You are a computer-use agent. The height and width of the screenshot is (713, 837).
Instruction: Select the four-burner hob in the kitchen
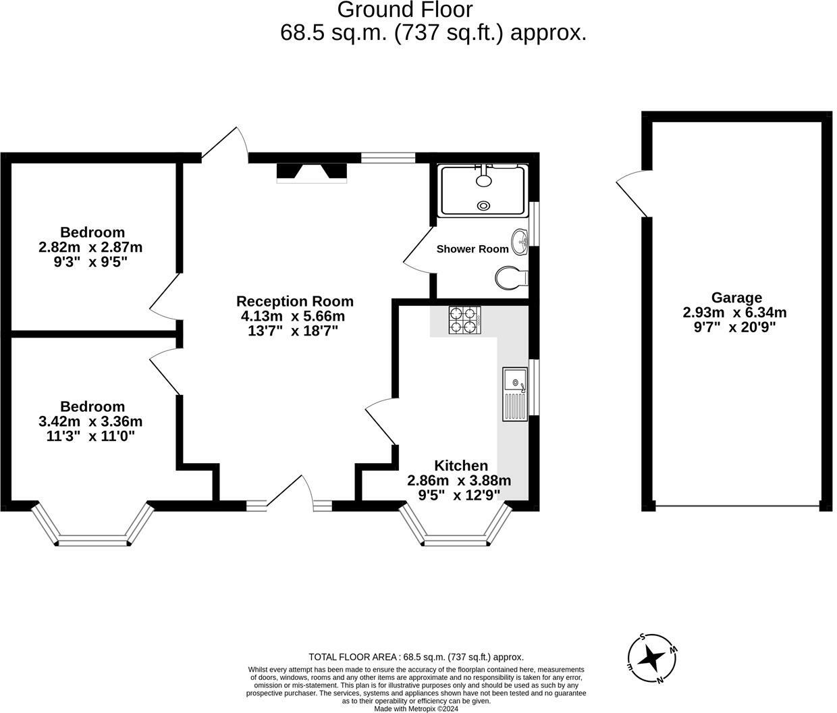(x=465, y=320)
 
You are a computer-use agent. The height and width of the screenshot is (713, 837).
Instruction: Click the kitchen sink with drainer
(x=515, y=394)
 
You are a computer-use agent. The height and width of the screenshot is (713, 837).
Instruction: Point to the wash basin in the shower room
(x=520, y=242)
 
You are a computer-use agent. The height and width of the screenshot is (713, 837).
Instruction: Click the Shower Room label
(x=473, y=249)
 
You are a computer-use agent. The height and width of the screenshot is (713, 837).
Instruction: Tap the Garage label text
(x=736, y=298)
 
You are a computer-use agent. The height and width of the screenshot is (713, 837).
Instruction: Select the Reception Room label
(x=294, y=301)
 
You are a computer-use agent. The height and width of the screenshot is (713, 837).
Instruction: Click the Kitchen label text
(x=460, y=465)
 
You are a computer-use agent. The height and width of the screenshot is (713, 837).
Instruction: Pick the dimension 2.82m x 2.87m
(x=90, y=247)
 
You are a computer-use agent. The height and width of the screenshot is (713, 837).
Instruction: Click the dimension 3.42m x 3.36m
(x=90, y=421)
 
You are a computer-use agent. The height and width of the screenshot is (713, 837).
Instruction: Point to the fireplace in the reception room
(x=312, y=173)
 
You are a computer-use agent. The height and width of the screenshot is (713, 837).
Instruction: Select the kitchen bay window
(x=456, y=528)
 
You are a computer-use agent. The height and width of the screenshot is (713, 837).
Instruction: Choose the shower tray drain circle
(x=484, y=206)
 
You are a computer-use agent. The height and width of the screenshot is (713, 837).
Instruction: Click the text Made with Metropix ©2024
(x=416, y=709)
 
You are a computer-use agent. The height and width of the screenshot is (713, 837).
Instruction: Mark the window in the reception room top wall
(x=388, y=158)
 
